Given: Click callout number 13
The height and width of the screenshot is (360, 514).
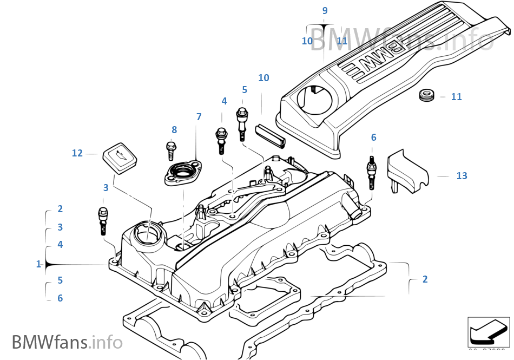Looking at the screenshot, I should pyautogui.click(x=461, y=176).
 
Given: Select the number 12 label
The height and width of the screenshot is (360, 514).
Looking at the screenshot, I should pyautogui.click(x=77, y=153).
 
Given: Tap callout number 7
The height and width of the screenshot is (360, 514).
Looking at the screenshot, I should pyautogui.click(x=199, y=117).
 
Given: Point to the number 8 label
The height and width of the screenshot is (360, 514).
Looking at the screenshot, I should pyautogui.click(x=174, y=130).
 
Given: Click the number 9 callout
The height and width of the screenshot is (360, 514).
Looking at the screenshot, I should pyautogui.click(x=325, y=11).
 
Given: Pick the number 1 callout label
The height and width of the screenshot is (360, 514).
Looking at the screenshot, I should pyautogui.click(x=38, y=264).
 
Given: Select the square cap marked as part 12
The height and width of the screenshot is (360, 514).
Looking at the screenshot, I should pyautogui.click(x=119, y=157).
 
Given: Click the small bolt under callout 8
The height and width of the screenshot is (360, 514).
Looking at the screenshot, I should pyautogui.click(x=170, y=150).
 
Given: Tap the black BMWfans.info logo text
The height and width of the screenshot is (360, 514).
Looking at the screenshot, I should pyautogui.click(x=67, y=342).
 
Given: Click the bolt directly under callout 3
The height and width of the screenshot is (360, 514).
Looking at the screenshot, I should pyautogui.click(x=103, y=219).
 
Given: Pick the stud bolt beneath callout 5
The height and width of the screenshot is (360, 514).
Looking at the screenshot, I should pyautogui.click(x=243, y=122).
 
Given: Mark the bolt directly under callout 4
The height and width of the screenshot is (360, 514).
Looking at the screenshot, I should pyautogui.click(x=221, y=140).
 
